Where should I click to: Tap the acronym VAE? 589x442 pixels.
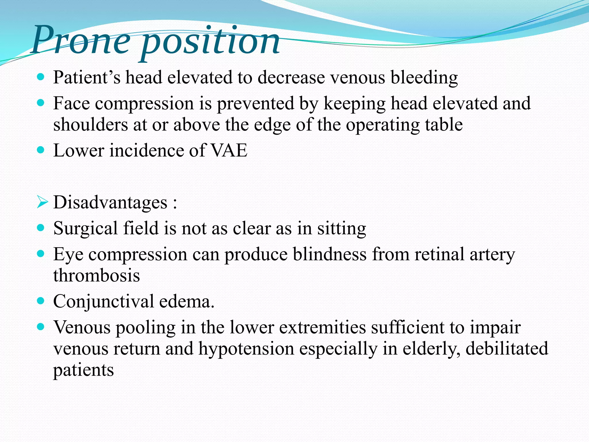229,150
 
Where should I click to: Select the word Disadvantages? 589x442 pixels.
110,202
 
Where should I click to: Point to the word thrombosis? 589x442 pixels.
97,275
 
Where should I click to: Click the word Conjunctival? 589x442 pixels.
104,302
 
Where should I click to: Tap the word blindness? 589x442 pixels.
330,254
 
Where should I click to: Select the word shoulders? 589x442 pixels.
91,125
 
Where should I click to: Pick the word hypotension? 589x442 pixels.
246,348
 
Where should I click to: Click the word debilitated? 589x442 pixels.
507,348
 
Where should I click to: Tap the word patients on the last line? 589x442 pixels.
83,370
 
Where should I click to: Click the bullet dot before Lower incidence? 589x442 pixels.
41,150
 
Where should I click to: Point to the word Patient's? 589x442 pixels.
87,78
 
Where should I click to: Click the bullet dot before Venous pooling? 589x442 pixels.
41,327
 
